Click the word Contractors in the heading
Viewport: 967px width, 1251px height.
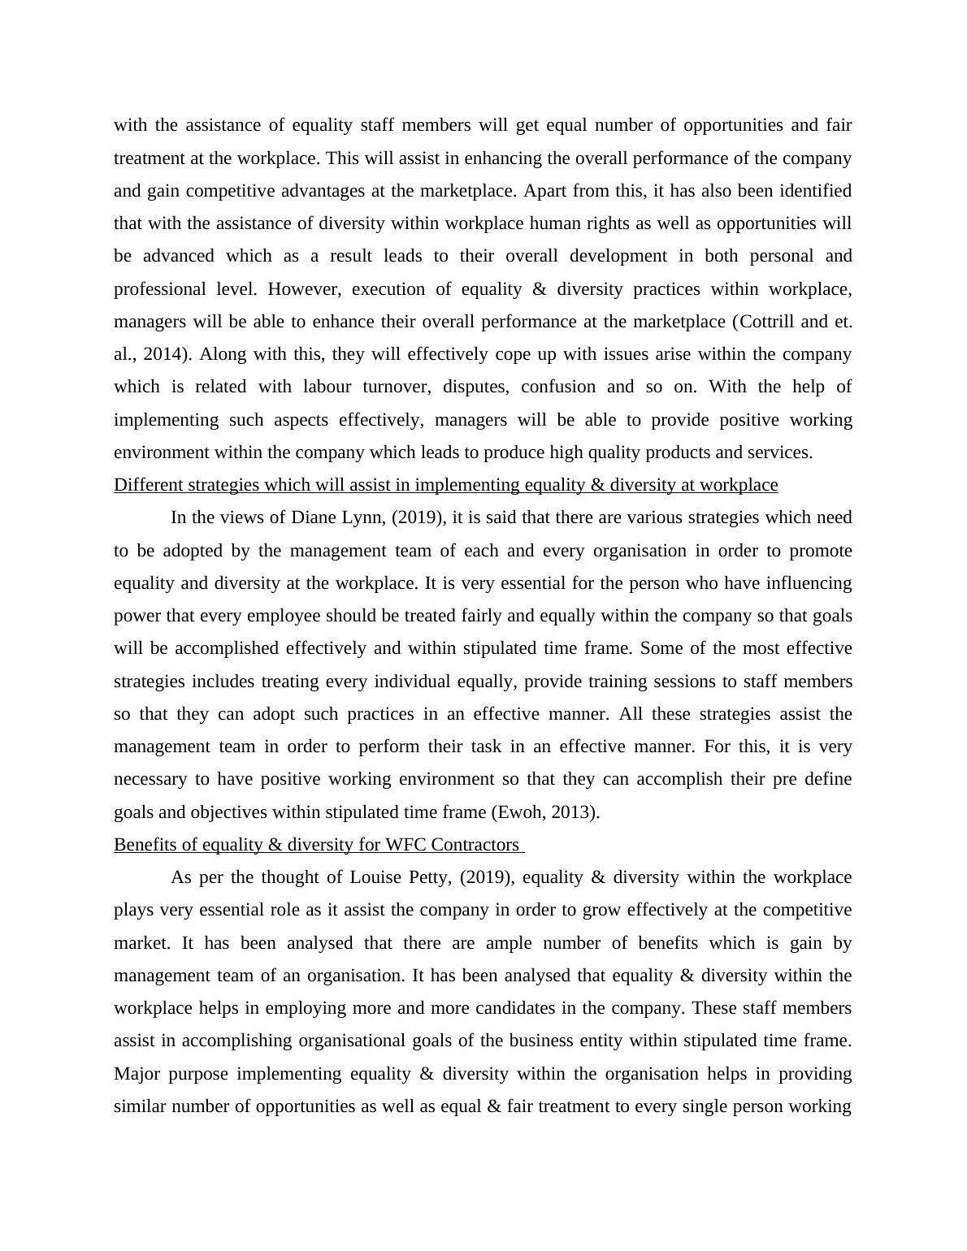[x=475, y=845]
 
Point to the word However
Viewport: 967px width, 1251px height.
[x=297, y=289]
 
